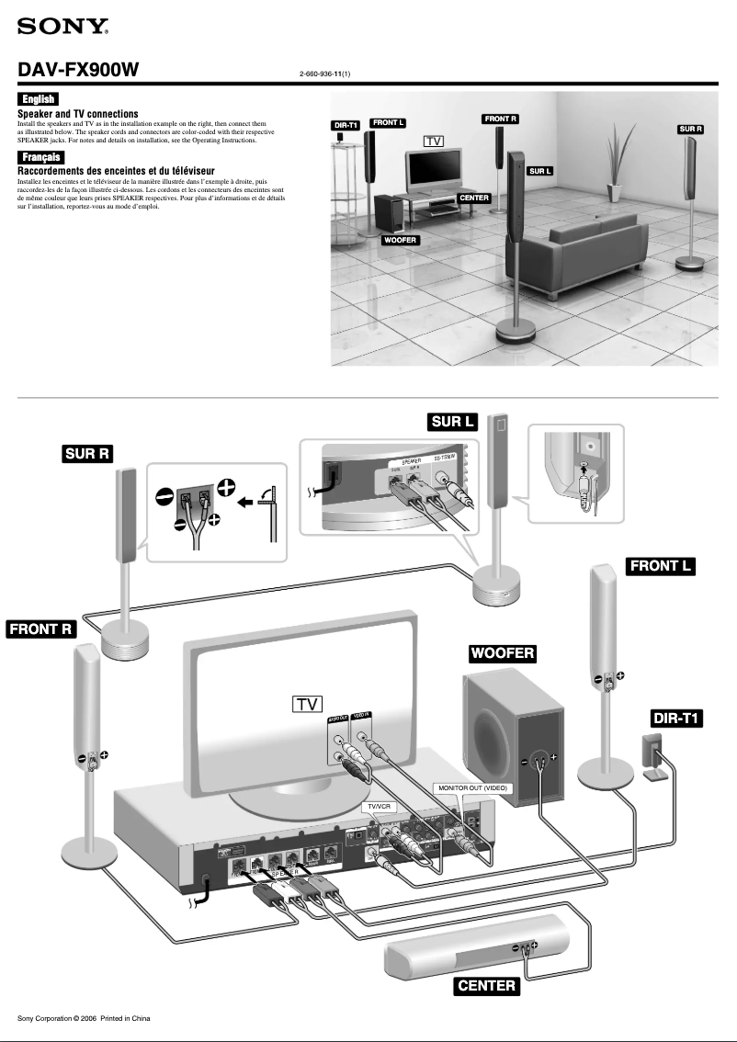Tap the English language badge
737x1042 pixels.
[39, 99]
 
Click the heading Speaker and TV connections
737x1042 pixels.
[78, 113]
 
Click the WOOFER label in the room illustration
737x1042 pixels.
[400, 240]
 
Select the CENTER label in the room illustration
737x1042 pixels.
[474, 198]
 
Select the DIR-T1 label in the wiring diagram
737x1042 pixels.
[676, 718]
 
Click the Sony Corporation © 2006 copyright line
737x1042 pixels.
[84, 1018]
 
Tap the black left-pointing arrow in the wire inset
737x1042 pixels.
[244, 504]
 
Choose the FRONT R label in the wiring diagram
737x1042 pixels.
[40, 629]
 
